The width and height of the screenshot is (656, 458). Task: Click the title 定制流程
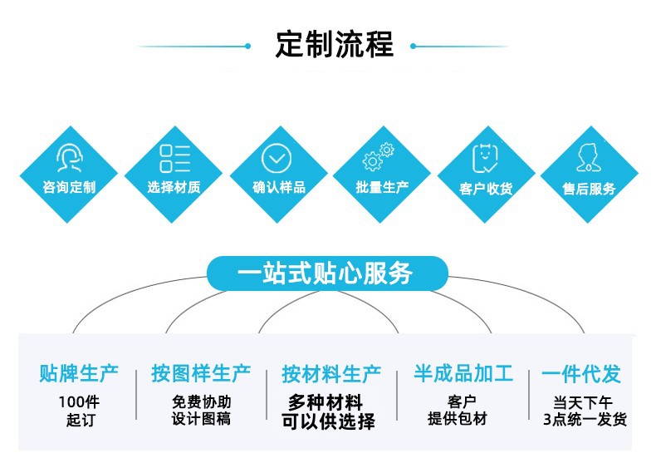coord(334,45)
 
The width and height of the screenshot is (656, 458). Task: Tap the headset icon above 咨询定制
coord(68,156)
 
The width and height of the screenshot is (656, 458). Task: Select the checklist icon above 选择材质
coord(174,158)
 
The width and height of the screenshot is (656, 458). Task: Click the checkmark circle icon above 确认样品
coord(277,158)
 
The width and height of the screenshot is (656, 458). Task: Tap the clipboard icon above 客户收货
coord(485,157)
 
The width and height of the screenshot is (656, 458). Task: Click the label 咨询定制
coord(69,187)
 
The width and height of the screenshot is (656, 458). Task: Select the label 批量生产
coord(382,187)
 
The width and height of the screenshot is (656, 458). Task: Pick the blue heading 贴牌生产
coord(79,373)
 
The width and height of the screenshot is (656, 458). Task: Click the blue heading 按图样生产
coord(201,373)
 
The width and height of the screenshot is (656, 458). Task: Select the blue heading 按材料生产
coord(330,374)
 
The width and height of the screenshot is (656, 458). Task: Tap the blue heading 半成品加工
coord(463,373)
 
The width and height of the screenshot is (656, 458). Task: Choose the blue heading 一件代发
coord(581,374)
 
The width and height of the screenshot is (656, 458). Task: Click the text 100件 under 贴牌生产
coord(79,401)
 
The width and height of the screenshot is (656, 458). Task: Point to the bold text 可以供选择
coord(327,421)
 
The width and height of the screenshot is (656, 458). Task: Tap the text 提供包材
coord(457,419)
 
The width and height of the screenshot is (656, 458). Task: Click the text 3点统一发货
coord(584,420)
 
